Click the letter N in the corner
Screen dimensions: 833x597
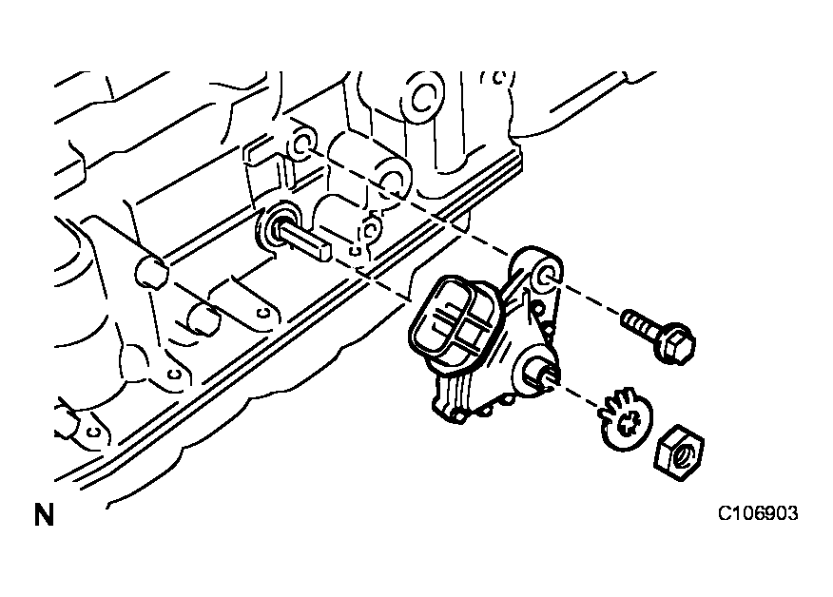point(44,514)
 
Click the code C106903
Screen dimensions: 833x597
point(758,513)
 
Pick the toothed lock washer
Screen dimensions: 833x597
point(626,418)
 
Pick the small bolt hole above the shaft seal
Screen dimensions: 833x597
point(301,143)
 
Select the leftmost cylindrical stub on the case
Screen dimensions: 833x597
point(151,271)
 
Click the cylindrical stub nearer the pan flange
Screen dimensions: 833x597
point(204,318)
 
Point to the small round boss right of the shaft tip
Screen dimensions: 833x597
point(370,229)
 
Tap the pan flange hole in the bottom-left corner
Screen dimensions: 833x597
point(94,432)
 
